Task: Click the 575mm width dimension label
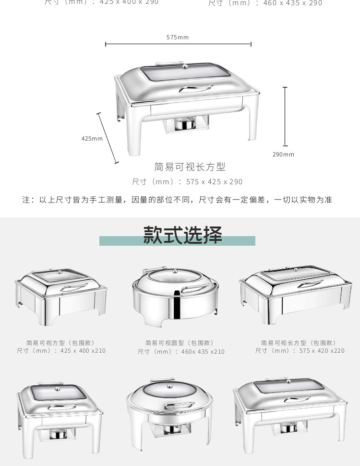pos(178,37)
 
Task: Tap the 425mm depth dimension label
pos(92,139)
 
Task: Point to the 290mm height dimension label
pos(283,155)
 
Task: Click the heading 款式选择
pos(182,235)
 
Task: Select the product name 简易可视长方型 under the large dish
pos(190,167)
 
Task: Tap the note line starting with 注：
pos(177,200)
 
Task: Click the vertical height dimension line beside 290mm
pos(285,116)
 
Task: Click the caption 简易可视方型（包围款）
pos(61,343)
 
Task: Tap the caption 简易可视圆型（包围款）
pos(180,343)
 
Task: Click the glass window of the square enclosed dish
pos(60,276)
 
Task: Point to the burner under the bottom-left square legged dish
pos(58,434)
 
